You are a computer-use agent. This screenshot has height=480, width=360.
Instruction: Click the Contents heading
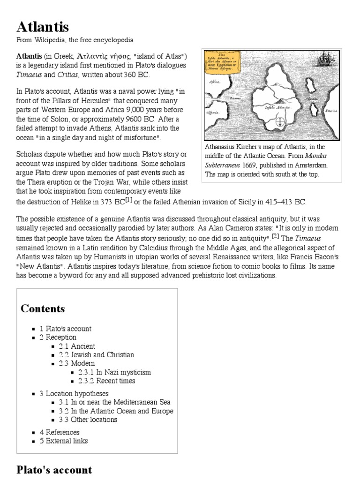[x=43, y=308]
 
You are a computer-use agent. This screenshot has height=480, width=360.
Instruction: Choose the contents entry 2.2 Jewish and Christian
[x=96, y=355]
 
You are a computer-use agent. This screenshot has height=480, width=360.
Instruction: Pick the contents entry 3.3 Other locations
[x=88, y=420]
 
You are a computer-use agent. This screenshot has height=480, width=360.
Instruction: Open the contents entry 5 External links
[x=63, y=441]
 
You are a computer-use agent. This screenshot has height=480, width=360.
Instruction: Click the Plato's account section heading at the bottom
[x=54, y=470]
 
